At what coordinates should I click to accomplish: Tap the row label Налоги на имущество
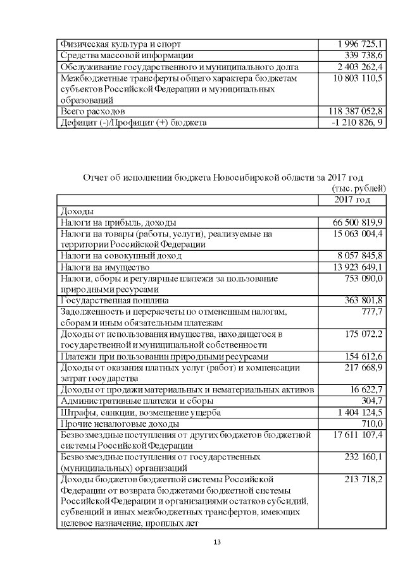click(104, 267)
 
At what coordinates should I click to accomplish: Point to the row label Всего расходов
click(92, 111)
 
